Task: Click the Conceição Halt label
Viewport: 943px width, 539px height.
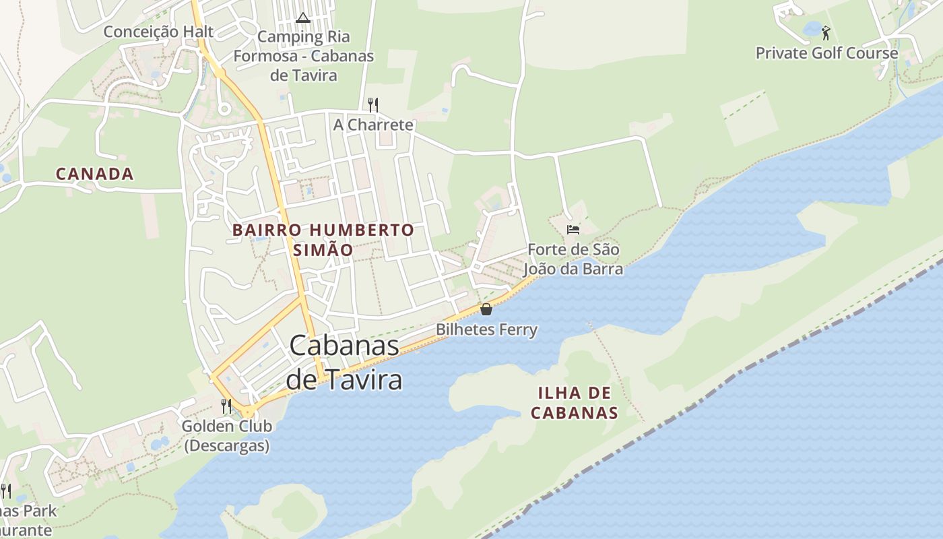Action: tap(158, 32)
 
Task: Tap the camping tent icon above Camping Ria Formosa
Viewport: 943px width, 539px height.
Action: tap(302, 18)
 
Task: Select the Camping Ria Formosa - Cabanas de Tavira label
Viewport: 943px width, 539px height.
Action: tap(304, 56)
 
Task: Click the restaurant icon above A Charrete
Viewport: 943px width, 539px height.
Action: tap(373, 104)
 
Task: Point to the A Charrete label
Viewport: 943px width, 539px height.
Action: tap(373, 125)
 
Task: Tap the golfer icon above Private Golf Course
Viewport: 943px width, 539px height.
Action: tap(826, 32)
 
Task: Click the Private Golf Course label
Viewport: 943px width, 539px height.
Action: tap(826, 53)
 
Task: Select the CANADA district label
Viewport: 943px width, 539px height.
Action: tap(94, 174)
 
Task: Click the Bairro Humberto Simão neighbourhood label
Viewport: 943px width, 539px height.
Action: tap(323, 239)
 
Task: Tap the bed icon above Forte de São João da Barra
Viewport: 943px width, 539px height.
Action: tap(573, 230)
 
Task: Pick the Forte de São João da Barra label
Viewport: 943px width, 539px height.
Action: tap(573, 259)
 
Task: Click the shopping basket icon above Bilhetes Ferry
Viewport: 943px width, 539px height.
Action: tap(486, 309)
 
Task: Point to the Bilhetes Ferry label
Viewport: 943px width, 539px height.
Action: tap(486, 329)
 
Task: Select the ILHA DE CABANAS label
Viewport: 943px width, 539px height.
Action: tap(575, 402)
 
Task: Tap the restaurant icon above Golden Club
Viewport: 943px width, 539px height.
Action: tap(226, 406)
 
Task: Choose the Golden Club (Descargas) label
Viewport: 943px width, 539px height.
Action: tap(227, 435)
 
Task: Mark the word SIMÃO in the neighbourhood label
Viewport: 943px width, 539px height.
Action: tap(323, 250)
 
